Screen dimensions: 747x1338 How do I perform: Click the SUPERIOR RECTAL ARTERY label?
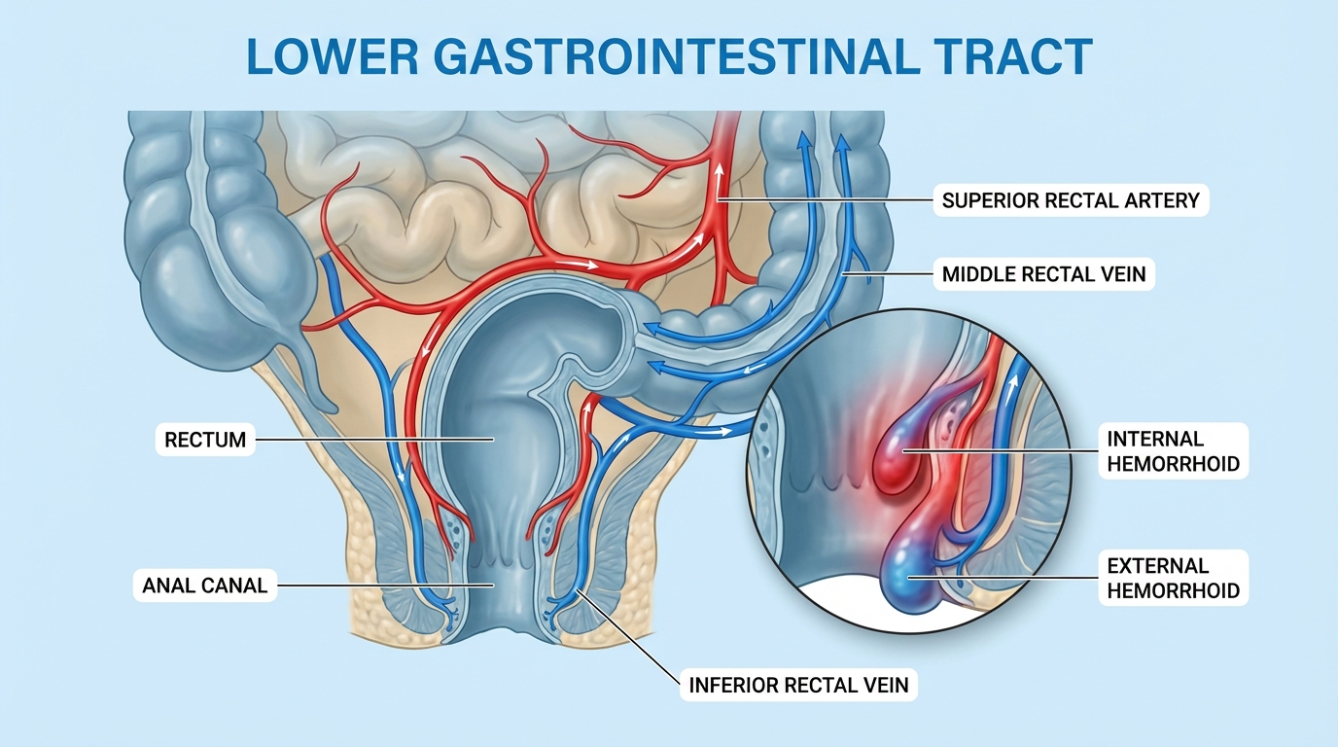click(x=1071, y=201)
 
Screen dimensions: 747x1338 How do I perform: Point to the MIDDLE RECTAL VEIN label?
click(x=1043, y=274)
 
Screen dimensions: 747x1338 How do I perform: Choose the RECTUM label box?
click(x=205, y=440)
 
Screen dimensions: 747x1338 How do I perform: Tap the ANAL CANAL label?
click(x=204, y=586)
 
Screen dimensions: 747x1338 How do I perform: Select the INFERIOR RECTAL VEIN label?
click(x=798, y=685)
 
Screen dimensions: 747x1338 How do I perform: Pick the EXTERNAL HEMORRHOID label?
click(x=1173, y=578)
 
